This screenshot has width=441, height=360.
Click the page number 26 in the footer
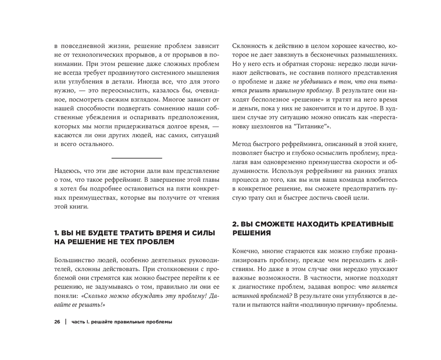coord(57,322)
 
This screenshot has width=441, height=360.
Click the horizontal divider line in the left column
coord(137,157)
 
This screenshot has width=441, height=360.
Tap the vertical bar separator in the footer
coord(65,322)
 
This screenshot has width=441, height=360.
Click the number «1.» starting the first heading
coord(57,232)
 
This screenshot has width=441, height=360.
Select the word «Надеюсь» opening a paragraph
coord(69,170)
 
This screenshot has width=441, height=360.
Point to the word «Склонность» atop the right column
coord(252,46)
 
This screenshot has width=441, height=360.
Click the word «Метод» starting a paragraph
coord(243,145)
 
